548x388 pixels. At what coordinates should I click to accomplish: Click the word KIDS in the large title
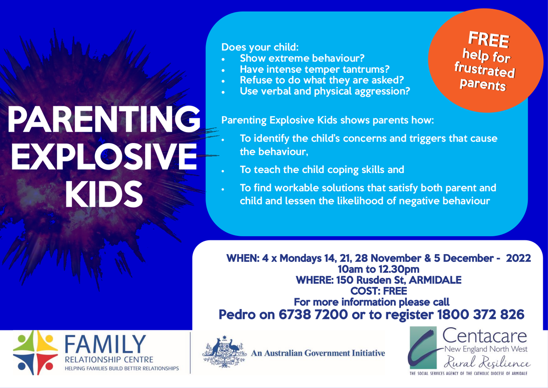pyautogui.click(x=104, y=194)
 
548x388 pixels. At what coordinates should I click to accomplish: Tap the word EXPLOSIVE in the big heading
pyautogui.click(x=104, y=157)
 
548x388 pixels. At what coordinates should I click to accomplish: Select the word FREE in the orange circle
pyautogui.click(x=489, y=40)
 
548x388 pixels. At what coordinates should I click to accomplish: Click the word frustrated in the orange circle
pyautogui.click(x=485, y=70)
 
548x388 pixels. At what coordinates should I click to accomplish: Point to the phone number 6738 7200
pyautogui.click(x=313, y=314)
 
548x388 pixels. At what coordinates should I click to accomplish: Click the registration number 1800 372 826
pyautogui.click(x=480, y=314)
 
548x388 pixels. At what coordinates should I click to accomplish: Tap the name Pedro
pyautogui.click(x=237, y=314)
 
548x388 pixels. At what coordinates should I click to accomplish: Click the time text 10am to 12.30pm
pyautogui.click(x=379, y=269)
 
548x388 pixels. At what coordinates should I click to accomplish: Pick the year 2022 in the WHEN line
pyautogui.click(x=518, y=258)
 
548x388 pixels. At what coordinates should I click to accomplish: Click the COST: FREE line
pyautogui.click(x=379, y=291)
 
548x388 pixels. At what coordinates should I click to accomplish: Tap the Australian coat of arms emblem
pyautogui.click(x=224, y=352)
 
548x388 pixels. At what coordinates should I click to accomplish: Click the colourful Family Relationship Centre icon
pyautogui.click(x=36, y=352)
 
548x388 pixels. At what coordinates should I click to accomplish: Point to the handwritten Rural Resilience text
pyautogui.click(x=487, y=362)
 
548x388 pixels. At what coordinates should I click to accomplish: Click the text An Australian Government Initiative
pyautogui.click(x=318, y=353)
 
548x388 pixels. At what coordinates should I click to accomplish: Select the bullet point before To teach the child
pyautogui.click(x=223, y=171)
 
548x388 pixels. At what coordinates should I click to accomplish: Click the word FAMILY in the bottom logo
pyautogui.click(x=105, y=344)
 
